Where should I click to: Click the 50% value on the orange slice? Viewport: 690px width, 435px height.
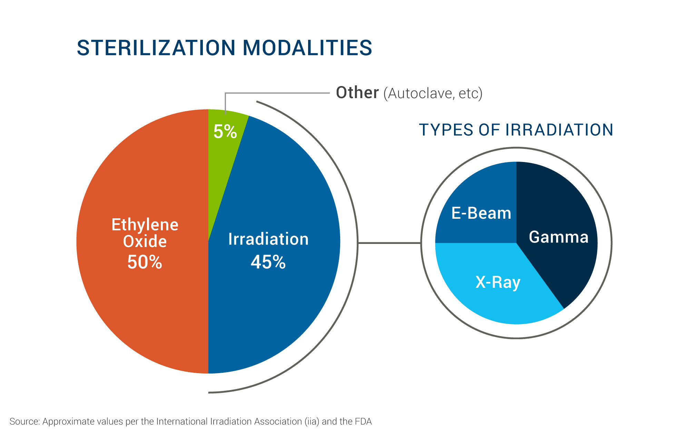pos(145,262)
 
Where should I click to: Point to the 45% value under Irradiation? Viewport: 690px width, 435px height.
pos(268,262)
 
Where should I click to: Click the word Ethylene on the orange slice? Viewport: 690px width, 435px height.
pos(145,225)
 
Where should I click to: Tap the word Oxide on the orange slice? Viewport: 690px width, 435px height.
pos(145,241)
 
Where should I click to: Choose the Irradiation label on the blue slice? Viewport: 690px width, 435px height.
pos(268,239)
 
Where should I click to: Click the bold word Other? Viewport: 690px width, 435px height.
pos(357,93)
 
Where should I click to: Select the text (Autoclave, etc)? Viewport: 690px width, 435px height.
pos(433,93)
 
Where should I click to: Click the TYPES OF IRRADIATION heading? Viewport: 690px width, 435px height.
pos(516,130)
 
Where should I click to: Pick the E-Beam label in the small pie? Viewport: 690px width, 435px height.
pos(481,213)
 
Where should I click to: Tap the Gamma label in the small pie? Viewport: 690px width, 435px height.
pos(559,237)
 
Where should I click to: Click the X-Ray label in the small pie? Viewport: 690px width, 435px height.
pos(498,282)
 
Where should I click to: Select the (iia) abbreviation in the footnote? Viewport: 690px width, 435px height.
pos(312,422)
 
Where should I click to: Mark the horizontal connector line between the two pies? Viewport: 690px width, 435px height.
pos(389,243)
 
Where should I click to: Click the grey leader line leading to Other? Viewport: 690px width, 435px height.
pos(276,93)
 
